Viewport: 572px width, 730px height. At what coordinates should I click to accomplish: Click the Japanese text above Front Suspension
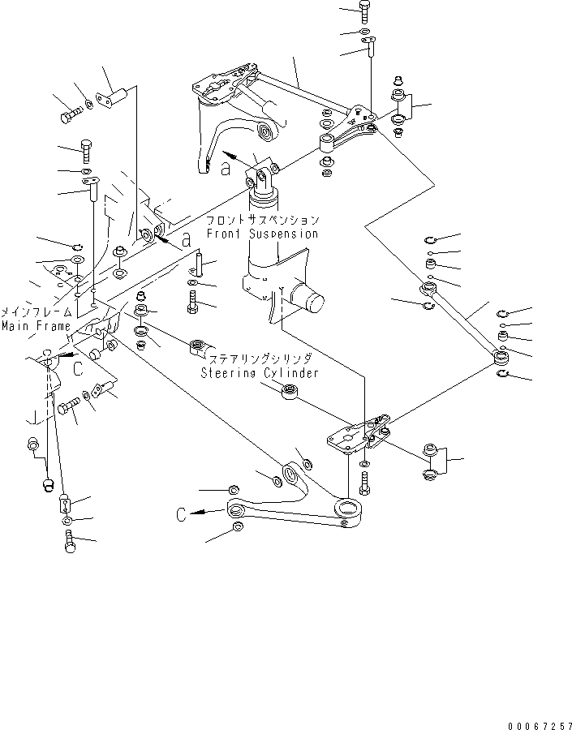[x=262, y=221]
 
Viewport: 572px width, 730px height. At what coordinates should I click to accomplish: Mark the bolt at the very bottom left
[x=69, y=543]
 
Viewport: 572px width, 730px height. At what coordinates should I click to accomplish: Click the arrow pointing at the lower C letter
[x=206, y=513]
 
